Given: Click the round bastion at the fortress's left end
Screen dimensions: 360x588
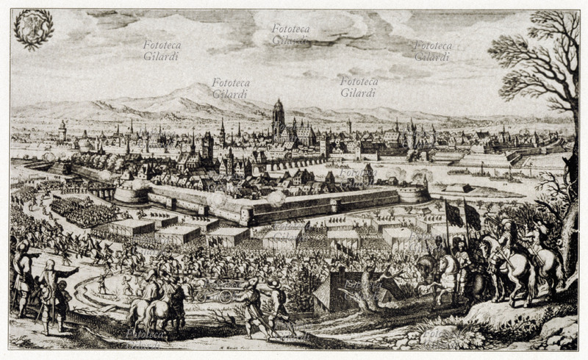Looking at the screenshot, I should (x=132, y=192).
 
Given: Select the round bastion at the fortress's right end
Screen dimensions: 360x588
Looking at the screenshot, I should (x=413, y=192).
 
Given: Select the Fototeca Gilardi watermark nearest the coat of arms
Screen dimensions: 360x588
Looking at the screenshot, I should (x=162, y=50).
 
